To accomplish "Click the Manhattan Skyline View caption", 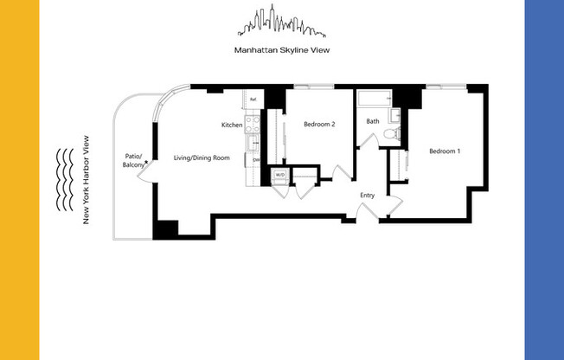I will [x=281, y=49].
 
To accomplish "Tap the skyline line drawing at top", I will [x=281, y=23].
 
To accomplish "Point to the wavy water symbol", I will [x=64, y=179].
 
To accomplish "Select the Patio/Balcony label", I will [x=133, y=160].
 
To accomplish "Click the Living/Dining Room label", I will [x=202, y=157].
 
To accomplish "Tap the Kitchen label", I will [x=232, y=125].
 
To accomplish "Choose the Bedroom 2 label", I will [x=319, y=125].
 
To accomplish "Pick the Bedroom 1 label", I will [x=445, y=151].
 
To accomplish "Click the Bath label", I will [x=373, y=121].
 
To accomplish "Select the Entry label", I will [x=368, y=196].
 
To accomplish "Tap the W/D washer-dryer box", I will [x=279, y=176].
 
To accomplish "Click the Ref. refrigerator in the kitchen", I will [x=253, y=100].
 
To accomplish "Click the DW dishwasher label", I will [x=256, y=160].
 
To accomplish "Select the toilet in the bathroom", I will [x=391, y=133].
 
